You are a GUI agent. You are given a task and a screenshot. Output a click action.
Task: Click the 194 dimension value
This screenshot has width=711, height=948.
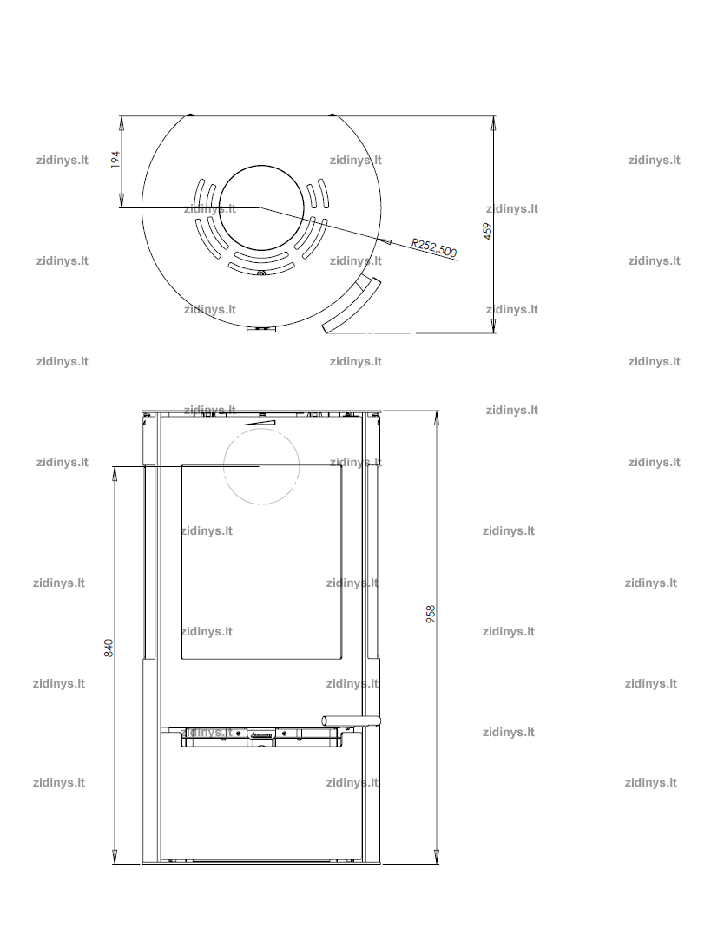115,159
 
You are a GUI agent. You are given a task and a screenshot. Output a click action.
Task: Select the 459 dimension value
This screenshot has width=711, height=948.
488,231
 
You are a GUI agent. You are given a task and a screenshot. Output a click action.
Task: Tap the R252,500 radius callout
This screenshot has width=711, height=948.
434,247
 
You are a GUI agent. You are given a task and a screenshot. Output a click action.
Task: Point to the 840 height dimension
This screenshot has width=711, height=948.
109,648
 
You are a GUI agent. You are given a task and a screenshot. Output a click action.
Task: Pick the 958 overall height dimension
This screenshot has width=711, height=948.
431,614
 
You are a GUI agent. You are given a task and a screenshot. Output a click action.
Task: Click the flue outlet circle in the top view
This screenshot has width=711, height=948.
261,208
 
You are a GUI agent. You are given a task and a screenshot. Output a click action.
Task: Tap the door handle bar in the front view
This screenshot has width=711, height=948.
352,720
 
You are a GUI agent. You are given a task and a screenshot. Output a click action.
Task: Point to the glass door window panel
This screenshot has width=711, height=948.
262,562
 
